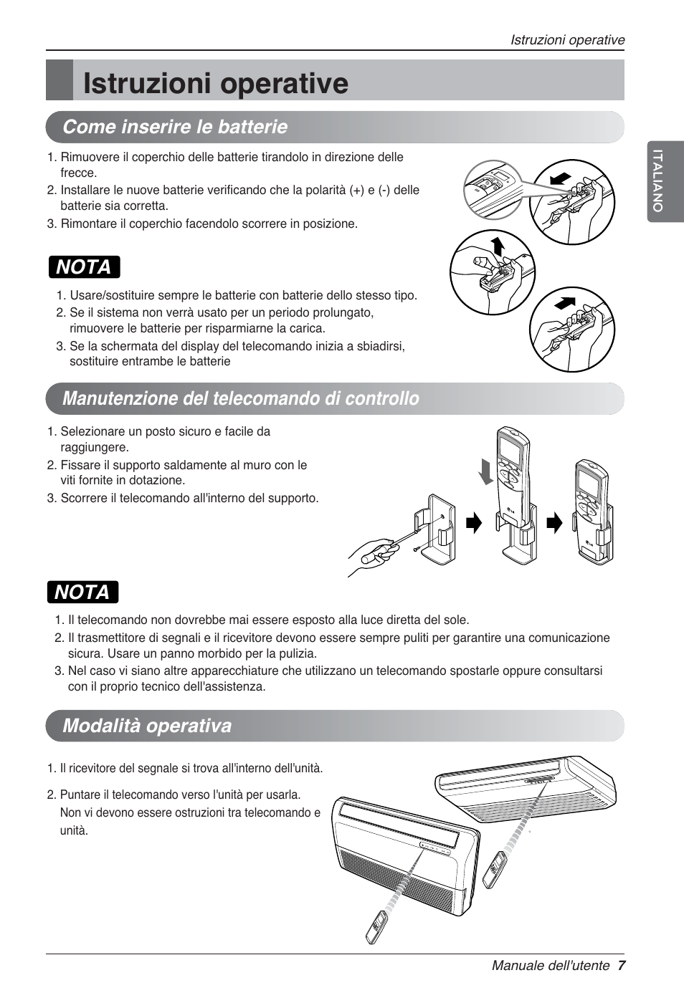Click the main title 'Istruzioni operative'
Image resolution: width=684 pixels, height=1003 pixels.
pyautogui.click(x=215, y=83)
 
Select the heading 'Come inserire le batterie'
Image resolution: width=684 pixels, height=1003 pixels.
pyautogui.click(x=175, y=127)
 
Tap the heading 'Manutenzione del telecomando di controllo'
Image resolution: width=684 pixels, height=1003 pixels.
pyautogui.click(x=241, y=398)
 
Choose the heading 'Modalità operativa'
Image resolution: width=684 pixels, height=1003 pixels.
pyautogui.click(x=147, y=726)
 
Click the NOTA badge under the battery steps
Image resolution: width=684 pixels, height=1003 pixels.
pyautogui.click(x=84, y=267)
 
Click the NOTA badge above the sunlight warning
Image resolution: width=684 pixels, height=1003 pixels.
pyautogui.click(x=82, y=592)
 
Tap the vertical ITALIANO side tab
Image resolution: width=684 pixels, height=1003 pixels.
pyautogui.click(x=657, y=181)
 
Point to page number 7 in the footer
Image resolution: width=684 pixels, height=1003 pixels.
pyautogui.click(x=621, y=965)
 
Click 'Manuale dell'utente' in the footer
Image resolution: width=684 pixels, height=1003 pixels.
pyautogui.click(x=550, y=965)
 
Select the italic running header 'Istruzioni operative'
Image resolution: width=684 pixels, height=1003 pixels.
pyautogui.click(x=567, y=40)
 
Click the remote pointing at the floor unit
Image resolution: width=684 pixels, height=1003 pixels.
pyautogui.click(x=376, y=926)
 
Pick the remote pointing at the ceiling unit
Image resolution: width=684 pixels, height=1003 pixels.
pyautogui.click(x=494, y=870)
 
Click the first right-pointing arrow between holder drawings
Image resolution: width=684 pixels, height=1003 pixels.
pyautogui.click(x=474, y=523)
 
